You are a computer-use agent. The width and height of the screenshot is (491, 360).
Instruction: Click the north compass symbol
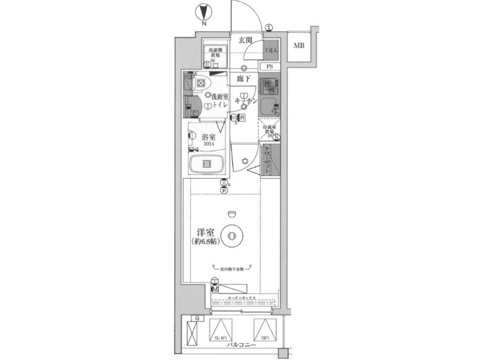point(203,12)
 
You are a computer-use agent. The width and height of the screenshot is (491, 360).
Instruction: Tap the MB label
point(300,46)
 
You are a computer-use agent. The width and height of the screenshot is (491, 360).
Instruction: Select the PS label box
point(270,67)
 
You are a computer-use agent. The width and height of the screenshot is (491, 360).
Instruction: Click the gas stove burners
point(268,87)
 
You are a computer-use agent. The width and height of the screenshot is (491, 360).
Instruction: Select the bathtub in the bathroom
point(207,165)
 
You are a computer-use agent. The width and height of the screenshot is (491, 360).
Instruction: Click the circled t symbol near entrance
point(268,27)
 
